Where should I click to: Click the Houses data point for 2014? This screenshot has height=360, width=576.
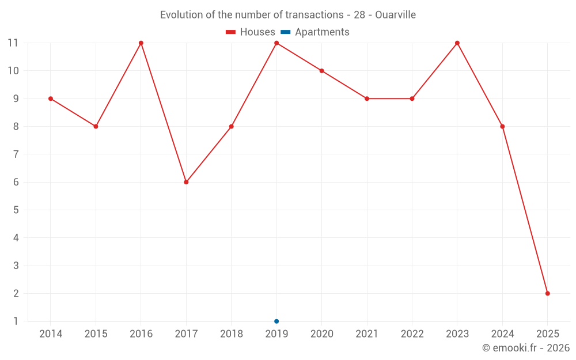[x=51, y=98]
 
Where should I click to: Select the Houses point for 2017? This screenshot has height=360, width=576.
[x=186, y=182]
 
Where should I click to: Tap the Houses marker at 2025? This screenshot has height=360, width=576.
[x=547, y=293]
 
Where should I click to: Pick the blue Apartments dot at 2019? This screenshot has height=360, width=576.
[x=276, y=321]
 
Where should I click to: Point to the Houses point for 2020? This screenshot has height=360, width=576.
[x=321, y=71]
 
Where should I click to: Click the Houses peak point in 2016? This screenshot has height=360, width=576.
[x=141, y=43]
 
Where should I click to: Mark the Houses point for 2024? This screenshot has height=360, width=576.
[x=502, y=127]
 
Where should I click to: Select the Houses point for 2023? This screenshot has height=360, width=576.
[x=457, y=43]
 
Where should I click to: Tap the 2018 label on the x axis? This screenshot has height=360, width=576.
[x=231, y=334]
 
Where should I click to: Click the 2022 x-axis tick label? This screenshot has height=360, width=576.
[x=412, y=334]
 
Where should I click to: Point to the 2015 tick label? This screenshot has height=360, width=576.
[x=96, y=334]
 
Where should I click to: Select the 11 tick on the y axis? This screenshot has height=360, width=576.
[x=13, y=43]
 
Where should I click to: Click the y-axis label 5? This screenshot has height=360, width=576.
[x=16, y=210]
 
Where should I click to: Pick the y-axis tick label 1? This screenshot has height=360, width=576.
[x=16, y=321]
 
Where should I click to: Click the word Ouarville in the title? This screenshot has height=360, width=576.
[x=395, y=15]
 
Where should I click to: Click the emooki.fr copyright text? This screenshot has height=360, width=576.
[x=525, y=348]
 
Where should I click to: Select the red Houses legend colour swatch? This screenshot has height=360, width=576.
[x=231, y=32]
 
